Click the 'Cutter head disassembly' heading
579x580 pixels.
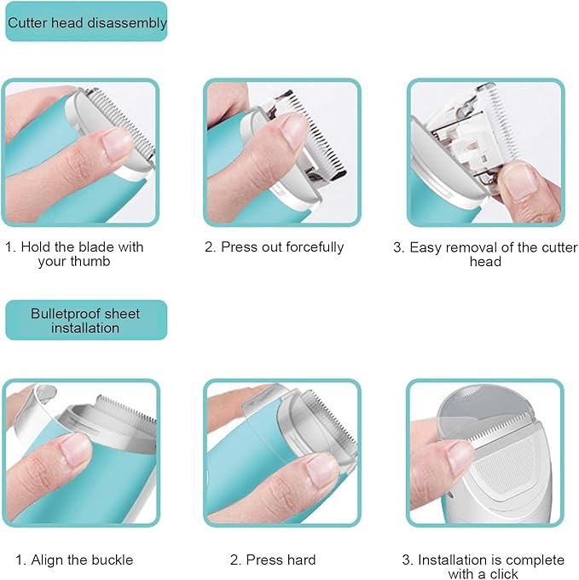click(x=86, y=23)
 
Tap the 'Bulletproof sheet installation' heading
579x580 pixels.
click(x=85, y=321)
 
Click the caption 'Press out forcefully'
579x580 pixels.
click(x=274, y=247)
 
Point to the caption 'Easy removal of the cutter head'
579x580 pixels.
click(x=484, y=254)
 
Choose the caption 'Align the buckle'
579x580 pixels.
click(x=74, y=560)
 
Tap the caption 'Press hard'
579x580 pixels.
click(x=273, y=560)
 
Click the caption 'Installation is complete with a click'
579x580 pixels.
click(x=483, y=566)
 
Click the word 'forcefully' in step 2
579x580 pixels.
click(x=310, y=247)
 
